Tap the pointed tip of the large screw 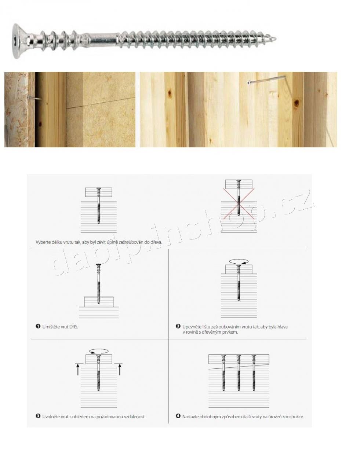(276, 39)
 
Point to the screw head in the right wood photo (249, 83)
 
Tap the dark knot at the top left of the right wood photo (170, 93)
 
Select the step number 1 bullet (38, 326)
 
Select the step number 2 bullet (178, 326)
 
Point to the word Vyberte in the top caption (43, 242)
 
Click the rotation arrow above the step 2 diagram (239, 261)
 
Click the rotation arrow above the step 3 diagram (99, 351)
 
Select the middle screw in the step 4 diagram (239, 373)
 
